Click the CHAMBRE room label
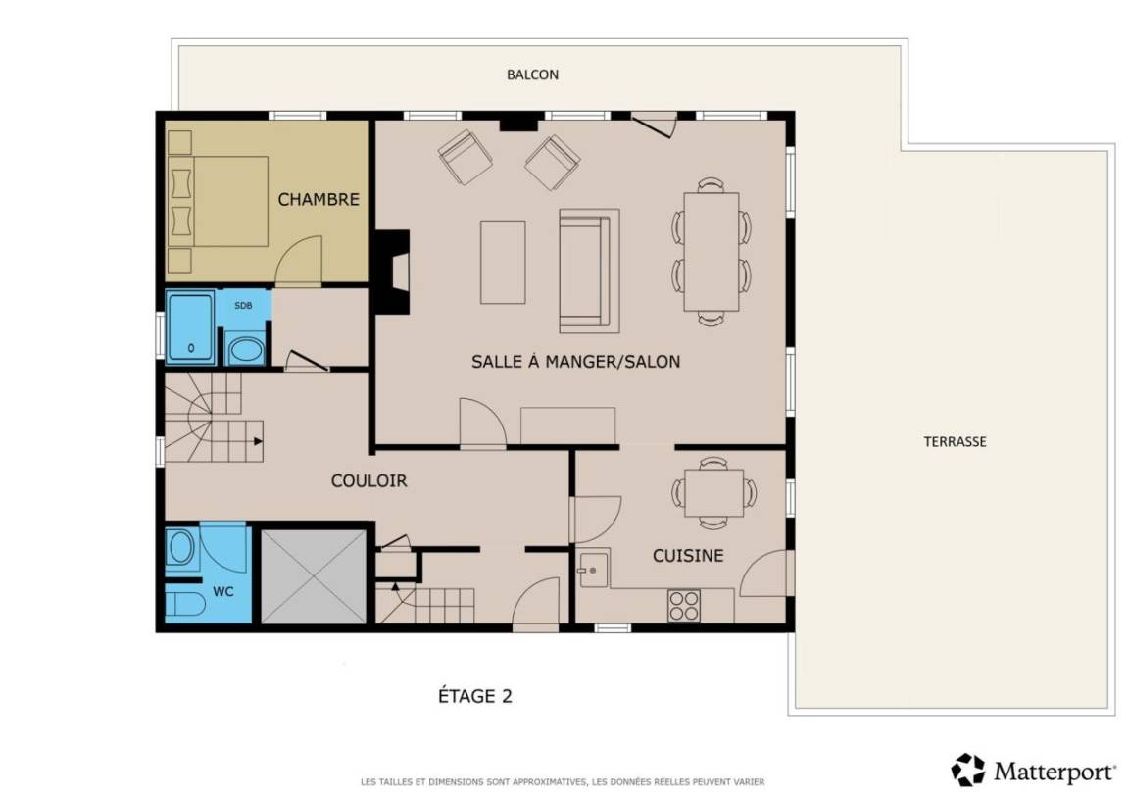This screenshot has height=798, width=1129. pyautogui.click(x=319, y=200)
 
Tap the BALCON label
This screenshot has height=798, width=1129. pyautogui.click(x=532, y=75)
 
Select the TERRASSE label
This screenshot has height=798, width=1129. pyautogui.click(x=955, y=441)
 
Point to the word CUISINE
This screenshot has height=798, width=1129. pyautogui.click(x=688, y=555)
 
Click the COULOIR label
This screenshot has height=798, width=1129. pyautogui.click(x=368, y=480)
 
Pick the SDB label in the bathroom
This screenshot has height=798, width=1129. pyautogui.click(x=243, y=305)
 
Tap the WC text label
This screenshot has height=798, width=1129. pyautogui.click(x=223, y=592)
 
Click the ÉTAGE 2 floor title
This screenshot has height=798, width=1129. pyautogui.click(x=475, y=696)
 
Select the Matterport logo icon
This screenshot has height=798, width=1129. pyautogui.click(x=967, y=770)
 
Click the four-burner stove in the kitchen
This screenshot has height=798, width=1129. pyautogui.click(x=683, y=605)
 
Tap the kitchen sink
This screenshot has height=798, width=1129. pyautogui.click(x=593, y=569)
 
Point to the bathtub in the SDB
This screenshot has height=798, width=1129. pyautogui.click(x=190, y=327)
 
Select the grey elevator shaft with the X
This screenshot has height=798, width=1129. pyautogui.click(x=314, y=576)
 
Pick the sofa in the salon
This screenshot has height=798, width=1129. pyautogui.click(x=589, y=271)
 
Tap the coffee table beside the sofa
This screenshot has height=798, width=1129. pyautogui.click(x=503, y=262)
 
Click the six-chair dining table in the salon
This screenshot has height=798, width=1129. pyautogui.click(x=712, y=251)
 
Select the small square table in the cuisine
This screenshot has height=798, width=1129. pyautogui.click(x=713, y=493)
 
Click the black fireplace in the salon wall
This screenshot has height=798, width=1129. pyautogui.click(x=392, y=272)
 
